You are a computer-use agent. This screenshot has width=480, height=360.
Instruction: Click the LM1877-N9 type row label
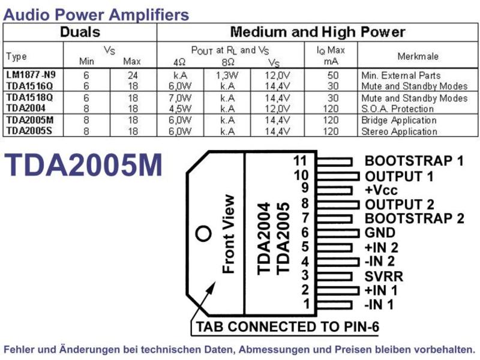pos(31,74)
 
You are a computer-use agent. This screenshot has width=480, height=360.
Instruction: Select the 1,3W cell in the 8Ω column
pos(227,76)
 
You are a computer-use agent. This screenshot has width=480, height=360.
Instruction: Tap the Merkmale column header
pos(418,56)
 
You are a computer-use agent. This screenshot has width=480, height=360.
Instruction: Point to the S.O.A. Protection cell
pos(397,109)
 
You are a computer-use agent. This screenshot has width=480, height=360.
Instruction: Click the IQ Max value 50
pos(333,76)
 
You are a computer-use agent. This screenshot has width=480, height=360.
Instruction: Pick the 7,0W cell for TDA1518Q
pos(180,98)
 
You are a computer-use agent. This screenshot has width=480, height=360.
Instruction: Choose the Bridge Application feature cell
pos(399,120)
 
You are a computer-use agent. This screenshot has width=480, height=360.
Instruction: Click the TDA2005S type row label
pos(29,131)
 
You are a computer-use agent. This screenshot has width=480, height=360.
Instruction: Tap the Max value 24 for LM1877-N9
pos(133,76)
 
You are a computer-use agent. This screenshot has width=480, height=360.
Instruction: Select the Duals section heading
pos(80,32)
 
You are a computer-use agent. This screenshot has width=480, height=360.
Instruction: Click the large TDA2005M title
pos(83,164)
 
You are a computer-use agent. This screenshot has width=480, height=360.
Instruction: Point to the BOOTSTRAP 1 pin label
pos(414,161)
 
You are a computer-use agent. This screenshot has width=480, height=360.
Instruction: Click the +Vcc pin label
pos(381,190)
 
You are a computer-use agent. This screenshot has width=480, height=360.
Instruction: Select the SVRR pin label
pos(384,276)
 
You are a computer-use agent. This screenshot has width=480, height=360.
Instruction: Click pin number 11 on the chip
pos(299,160)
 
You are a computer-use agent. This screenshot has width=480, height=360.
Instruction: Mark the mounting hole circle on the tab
pos(203,233)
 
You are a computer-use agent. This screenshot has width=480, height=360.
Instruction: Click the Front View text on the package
pos(229,234)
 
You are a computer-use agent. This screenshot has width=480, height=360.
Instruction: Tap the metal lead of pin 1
pos(334,305)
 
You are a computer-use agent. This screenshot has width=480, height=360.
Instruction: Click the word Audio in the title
pos(27,14)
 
